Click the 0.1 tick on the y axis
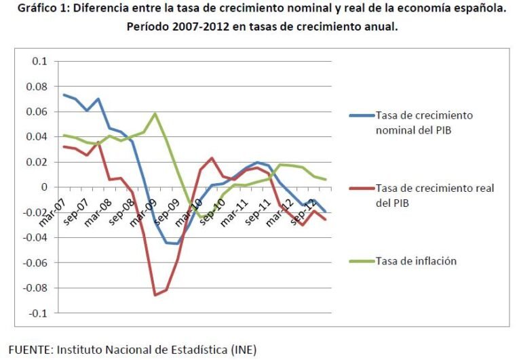point(39,61)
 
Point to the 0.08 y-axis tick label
point(37,86)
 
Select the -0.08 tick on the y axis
point(35,288)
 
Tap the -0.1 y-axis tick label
point(37,313)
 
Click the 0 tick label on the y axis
point(44,187)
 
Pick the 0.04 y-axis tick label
point(37,136)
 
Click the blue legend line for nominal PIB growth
point(361,115)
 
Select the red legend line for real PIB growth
point(361,188)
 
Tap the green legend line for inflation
point(361,260)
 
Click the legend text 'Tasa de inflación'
point(417,260)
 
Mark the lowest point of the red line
point(155,295)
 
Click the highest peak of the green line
point(155,113)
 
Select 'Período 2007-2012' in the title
point(172,28)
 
